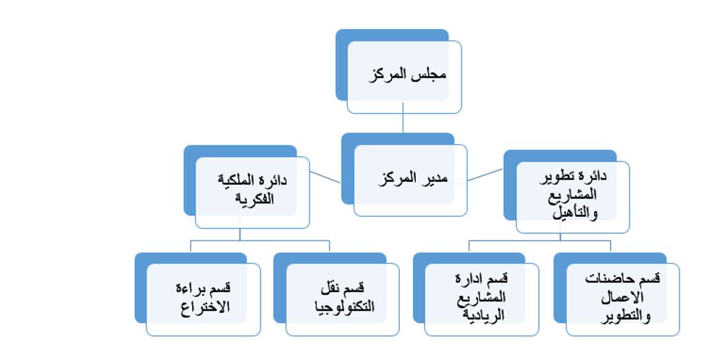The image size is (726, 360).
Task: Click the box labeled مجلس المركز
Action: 404,76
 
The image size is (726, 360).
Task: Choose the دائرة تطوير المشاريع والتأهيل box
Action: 572,195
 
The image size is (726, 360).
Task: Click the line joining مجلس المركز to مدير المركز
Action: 403,123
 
